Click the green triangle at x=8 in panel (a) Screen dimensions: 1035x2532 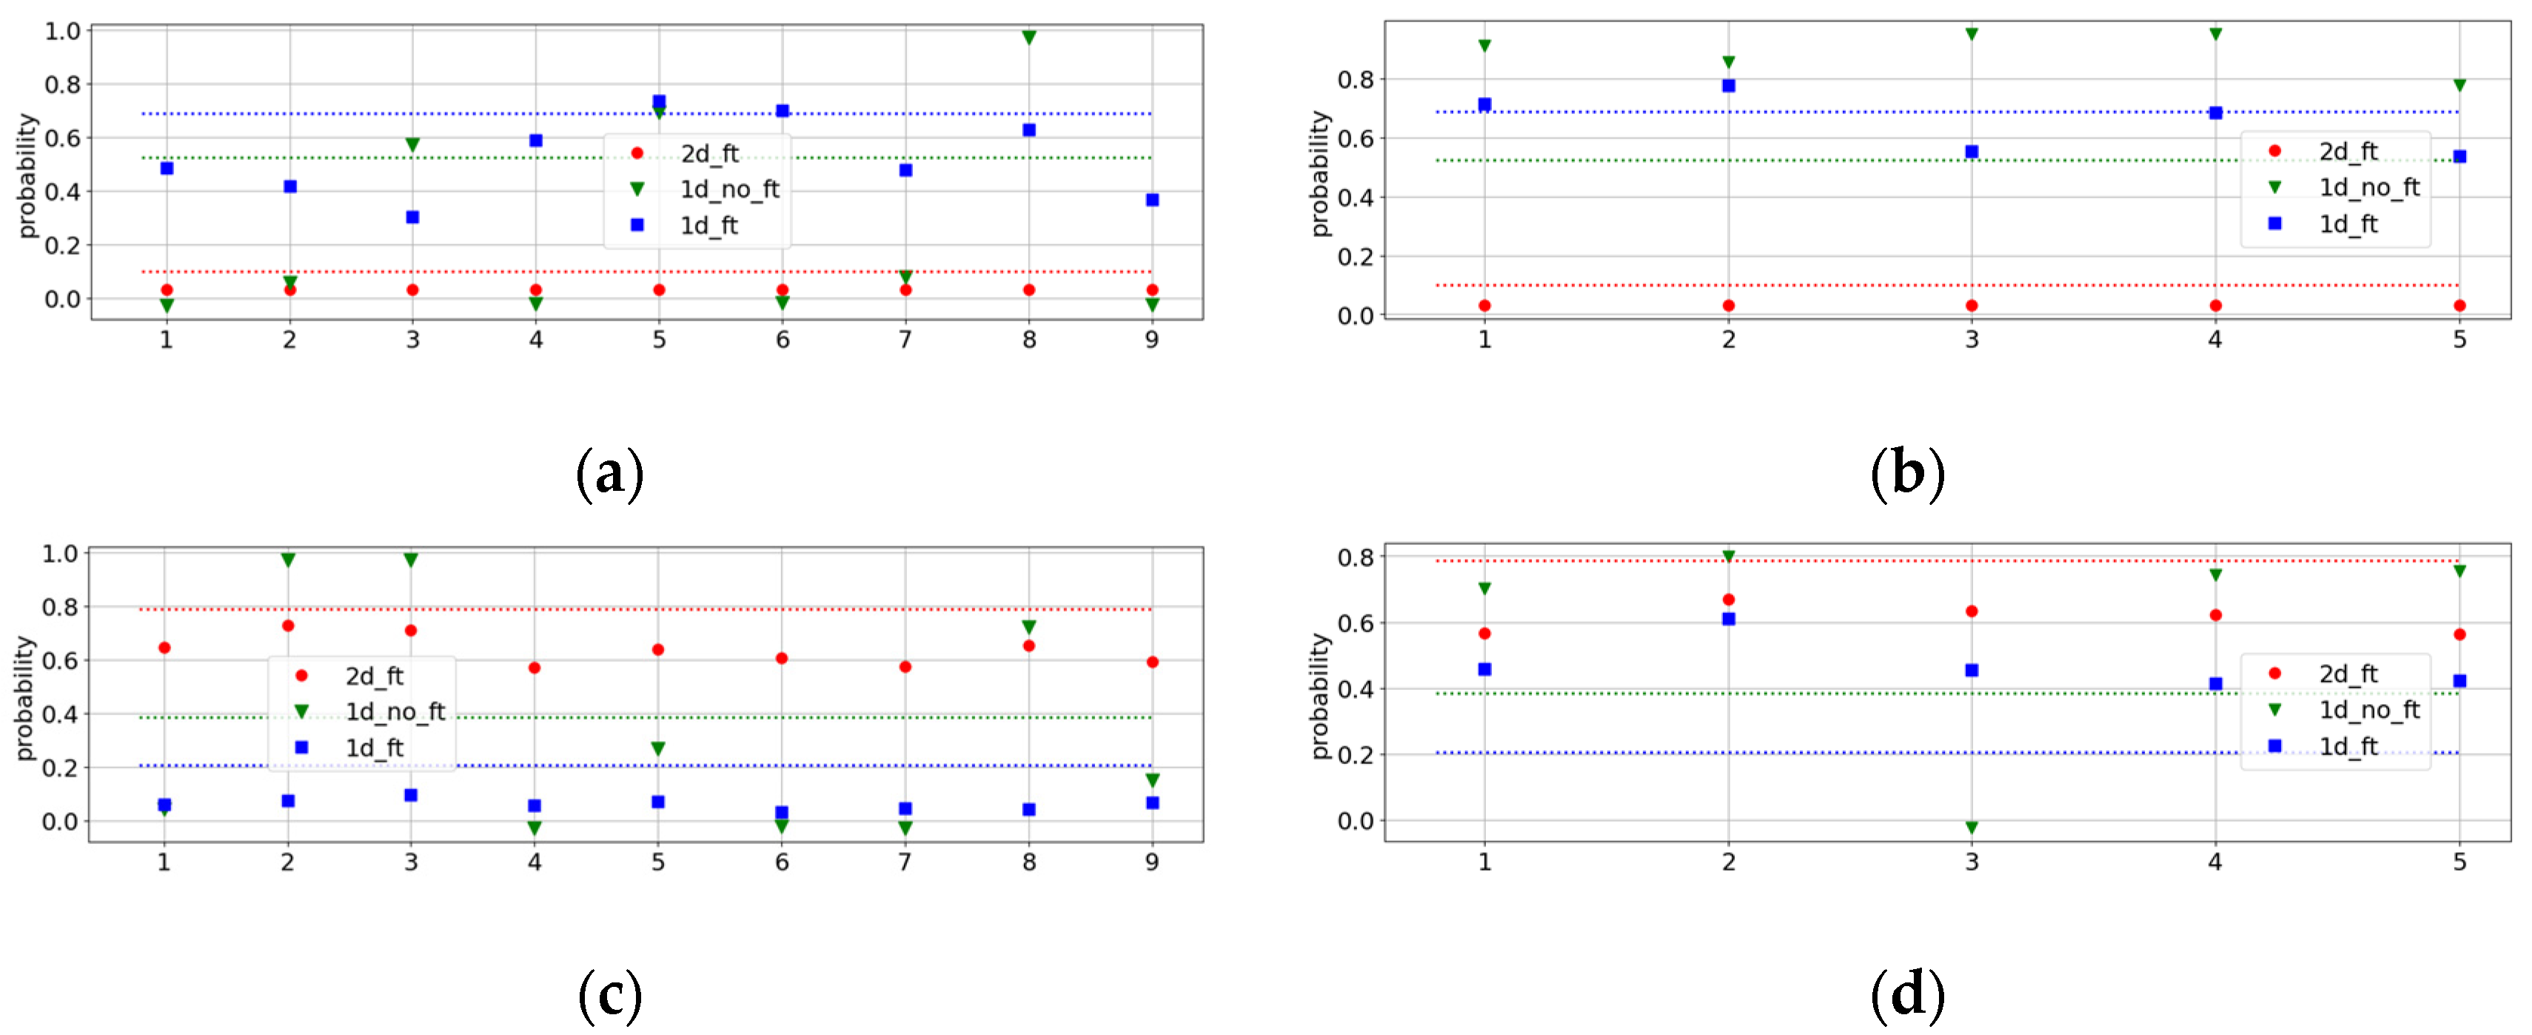[1028, 37]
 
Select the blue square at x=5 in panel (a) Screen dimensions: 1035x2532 [659, 101]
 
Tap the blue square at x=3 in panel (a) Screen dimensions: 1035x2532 [413, 217]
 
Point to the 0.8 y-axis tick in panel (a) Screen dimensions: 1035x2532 [62, 84]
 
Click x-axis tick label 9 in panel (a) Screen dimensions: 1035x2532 [1151, 340]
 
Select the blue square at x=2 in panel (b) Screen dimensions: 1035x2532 [1728, 86]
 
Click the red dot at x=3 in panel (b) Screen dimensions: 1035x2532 [1971, 306]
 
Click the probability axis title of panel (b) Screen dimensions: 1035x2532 [1319, 174]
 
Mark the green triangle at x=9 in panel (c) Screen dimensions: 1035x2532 [1152, 780]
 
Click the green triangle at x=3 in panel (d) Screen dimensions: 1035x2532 [1971, 828]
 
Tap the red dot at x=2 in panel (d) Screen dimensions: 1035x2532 [1728, 600]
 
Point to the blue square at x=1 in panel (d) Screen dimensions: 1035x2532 [1484, 669]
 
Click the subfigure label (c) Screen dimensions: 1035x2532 [609, 995]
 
